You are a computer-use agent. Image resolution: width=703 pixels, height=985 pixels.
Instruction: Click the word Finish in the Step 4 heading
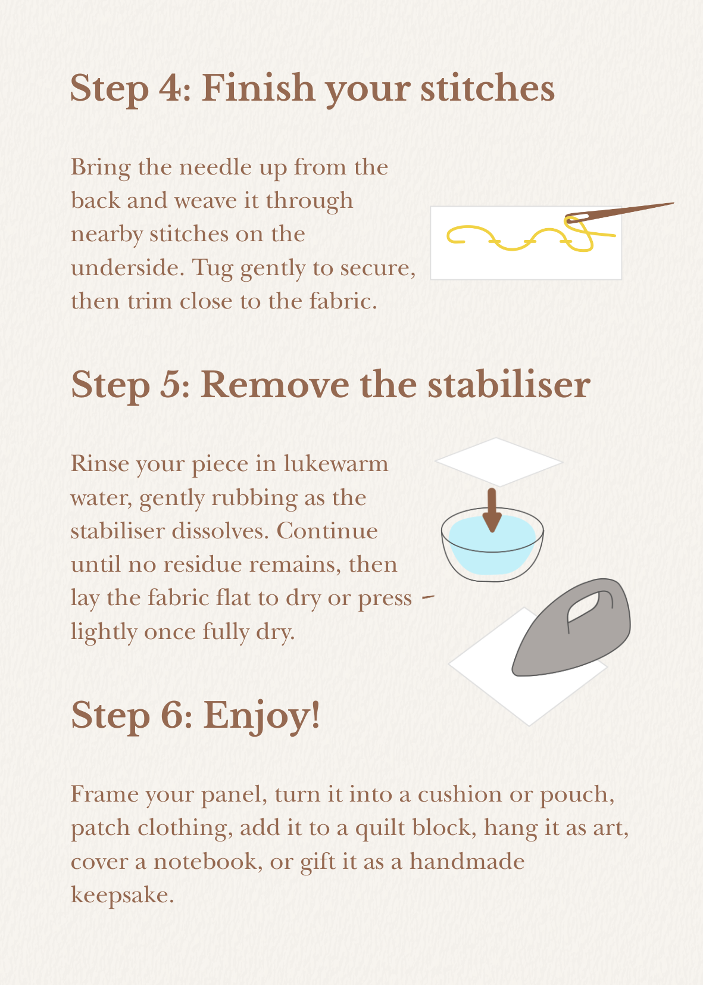pos(258,88)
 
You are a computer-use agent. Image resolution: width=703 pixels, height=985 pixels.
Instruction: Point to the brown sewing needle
pos(619,213)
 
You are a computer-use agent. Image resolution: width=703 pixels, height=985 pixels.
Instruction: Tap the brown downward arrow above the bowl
pos(492,510)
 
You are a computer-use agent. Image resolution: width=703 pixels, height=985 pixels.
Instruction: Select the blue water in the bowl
pos(492,546)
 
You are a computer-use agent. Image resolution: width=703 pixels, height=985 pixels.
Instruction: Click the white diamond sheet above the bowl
pos(499,462)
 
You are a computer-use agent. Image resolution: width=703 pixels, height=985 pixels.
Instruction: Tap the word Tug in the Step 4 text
pos(213,268)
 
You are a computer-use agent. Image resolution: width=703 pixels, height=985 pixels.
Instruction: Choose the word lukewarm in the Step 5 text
pos(336,463)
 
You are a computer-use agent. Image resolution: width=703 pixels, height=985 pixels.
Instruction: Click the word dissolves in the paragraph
pos(220,531)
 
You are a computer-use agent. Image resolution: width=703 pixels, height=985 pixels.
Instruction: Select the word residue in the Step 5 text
pos(202,564)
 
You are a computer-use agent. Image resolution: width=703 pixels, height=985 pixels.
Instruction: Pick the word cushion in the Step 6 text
pos(460,795)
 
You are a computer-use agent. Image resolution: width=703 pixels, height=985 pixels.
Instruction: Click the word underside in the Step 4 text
pos(127,268)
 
